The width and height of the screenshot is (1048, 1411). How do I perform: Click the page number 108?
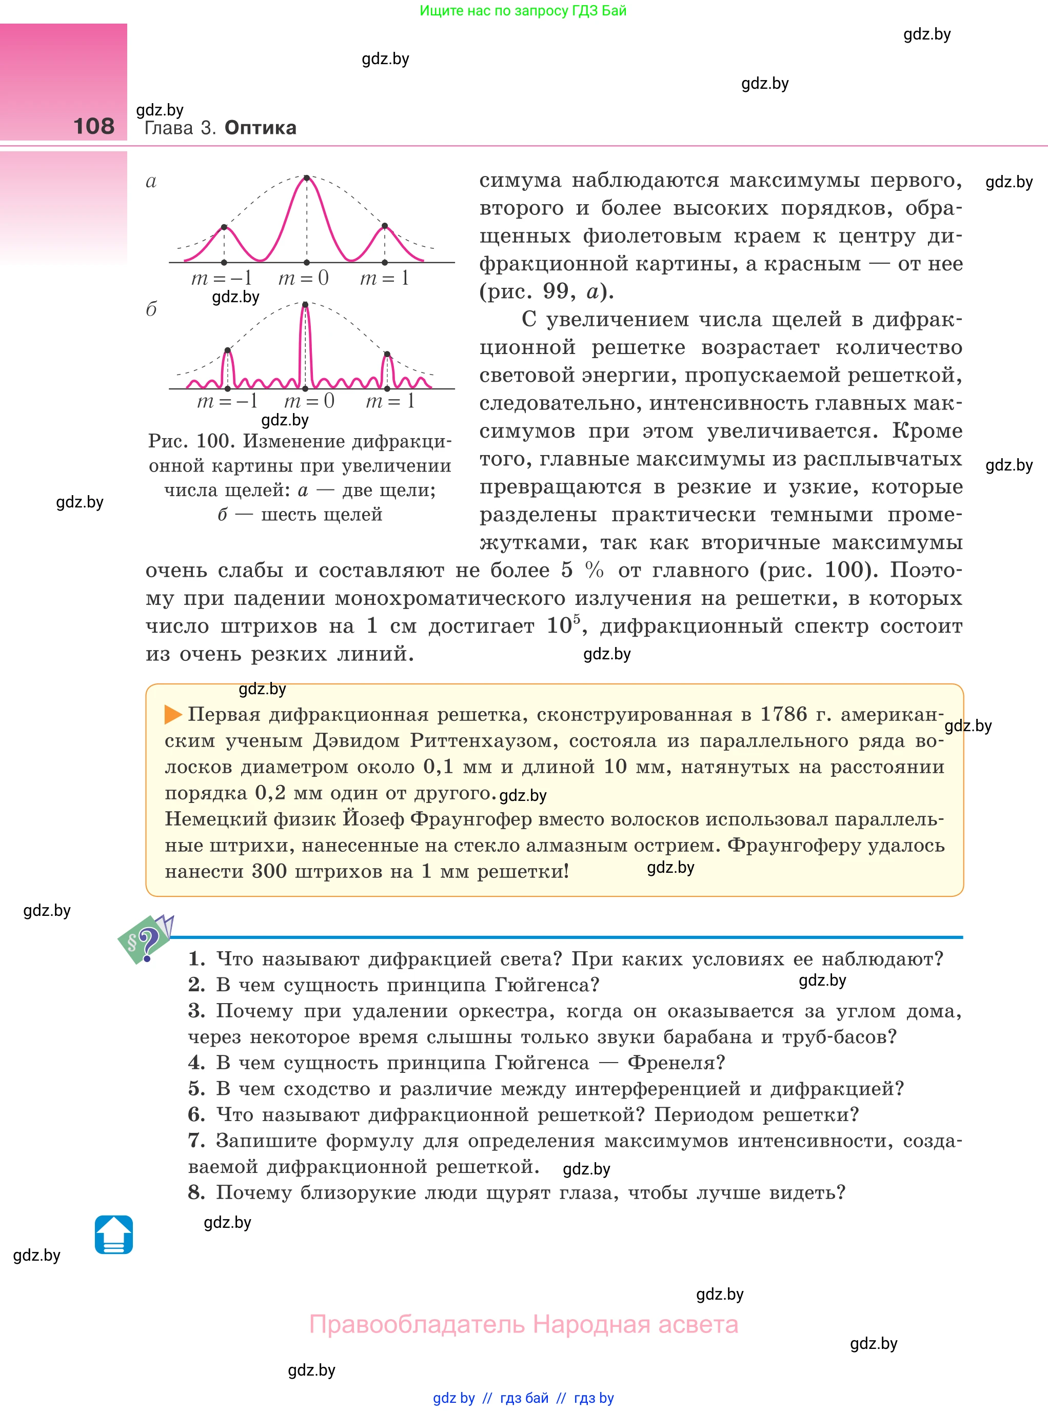(94, 126)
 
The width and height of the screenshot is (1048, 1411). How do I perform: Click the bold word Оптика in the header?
(260, 128)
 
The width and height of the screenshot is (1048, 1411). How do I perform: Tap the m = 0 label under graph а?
(303, 279)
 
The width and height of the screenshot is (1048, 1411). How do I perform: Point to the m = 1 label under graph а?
(384, 279)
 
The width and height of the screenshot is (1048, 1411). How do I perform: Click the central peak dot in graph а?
(307, 178)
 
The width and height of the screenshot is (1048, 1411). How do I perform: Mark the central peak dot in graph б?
(305, 305)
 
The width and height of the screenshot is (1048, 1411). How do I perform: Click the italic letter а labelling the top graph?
(151, 182)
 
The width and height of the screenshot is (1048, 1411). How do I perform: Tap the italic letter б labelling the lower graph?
(151, 309)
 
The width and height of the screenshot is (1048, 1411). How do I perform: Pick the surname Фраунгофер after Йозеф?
(471, 819)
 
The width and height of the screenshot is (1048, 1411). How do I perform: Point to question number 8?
(196, 1193)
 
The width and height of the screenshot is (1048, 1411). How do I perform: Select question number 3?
(196, 1011)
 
